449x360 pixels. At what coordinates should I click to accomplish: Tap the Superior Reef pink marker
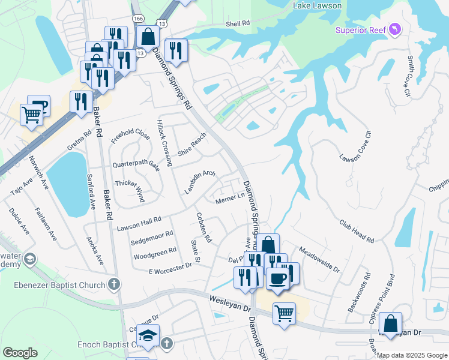(x=394, y=28)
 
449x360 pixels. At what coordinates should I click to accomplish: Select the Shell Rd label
(x=238, y=23)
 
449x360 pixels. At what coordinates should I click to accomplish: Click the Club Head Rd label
(x=356, y=230)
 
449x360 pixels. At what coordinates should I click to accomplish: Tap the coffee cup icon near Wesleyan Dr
(x=277, y=280)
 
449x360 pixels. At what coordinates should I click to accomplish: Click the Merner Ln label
(x=230, y=197)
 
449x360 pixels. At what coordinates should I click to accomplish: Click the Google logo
(x=20, y=353)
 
